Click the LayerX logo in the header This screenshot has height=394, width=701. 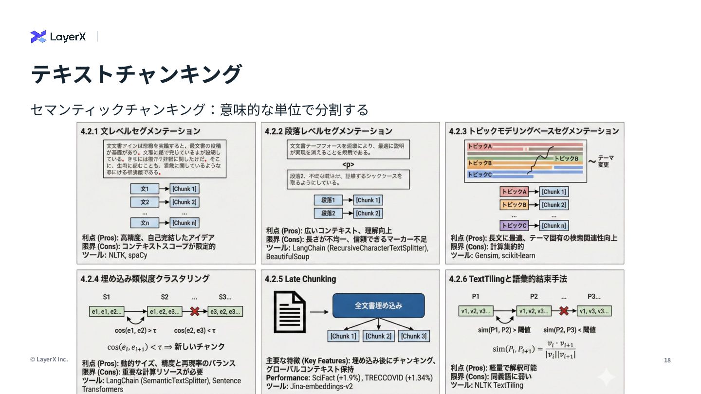tap(58, 36)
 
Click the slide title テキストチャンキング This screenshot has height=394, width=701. tap(136, 74)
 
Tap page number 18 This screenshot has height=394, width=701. tap(667, 360)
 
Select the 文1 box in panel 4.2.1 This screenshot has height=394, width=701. tap(145, 189)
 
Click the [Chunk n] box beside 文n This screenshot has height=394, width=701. tap(184, 223)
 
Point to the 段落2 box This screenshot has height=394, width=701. tap(328, 213)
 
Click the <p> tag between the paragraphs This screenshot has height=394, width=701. tap(348, 164)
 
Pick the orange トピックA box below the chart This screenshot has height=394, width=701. tap(514, 192)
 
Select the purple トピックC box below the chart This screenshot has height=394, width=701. tap(514, 226)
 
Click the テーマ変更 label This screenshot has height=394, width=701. tap(604, 161)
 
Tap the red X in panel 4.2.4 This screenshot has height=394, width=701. tap(195, 311)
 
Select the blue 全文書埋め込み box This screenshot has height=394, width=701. tap(378, 305)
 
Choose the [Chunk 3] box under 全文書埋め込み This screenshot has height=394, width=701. tap(414, 336)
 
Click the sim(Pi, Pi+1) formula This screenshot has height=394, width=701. tap(534, 349)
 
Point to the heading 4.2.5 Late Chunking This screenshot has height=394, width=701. tap(300, 279)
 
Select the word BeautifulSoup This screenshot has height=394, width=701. tap(288, 256)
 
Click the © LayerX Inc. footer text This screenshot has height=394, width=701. tap(49, 359)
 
